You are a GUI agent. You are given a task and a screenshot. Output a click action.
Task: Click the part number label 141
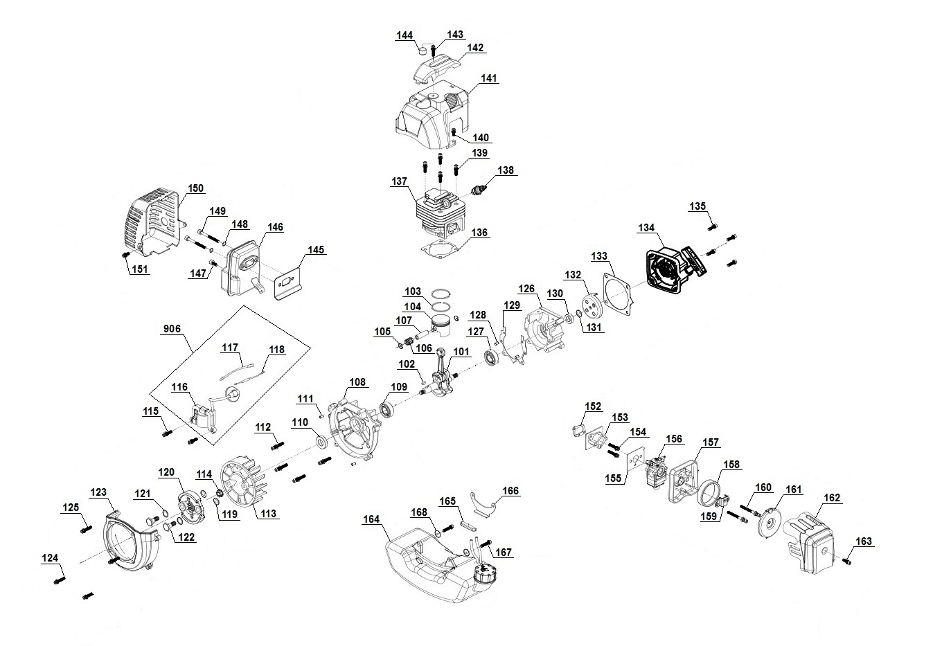coord(489,79)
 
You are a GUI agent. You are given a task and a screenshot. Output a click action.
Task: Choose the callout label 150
coord(196,188)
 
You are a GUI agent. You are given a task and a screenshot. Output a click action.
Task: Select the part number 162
coord(832,498)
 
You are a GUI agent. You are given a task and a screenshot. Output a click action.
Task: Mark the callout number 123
coord(99,492)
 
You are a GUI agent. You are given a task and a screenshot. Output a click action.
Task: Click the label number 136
coord(479,233)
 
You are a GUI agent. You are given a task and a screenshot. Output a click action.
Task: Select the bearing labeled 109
coord(387,410)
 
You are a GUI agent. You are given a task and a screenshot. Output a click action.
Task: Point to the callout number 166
coord(510,491)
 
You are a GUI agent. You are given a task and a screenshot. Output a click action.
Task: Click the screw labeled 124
coord(60,575)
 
